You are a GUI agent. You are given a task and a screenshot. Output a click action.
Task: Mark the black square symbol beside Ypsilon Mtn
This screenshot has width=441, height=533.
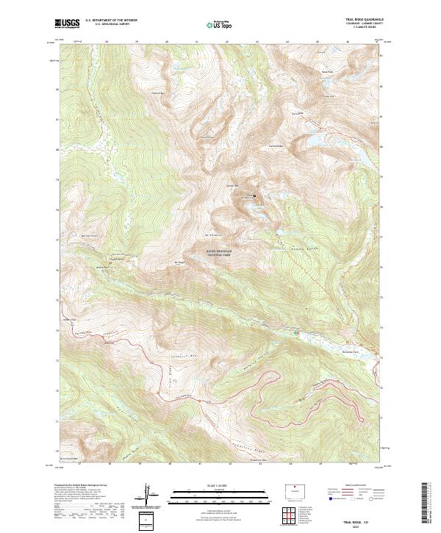coord(254,196)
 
